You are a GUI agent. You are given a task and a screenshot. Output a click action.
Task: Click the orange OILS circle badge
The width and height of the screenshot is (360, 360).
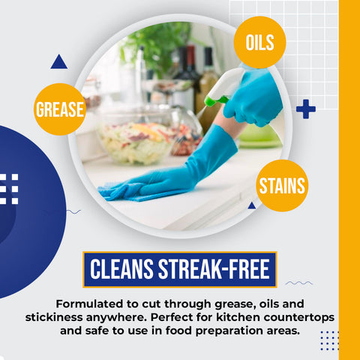(x=259, y=42)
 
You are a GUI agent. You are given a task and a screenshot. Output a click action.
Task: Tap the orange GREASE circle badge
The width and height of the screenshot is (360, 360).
(x=61, y=109)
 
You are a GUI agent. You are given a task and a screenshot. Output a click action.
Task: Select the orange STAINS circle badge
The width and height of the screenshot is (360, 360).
(x=282, y=185)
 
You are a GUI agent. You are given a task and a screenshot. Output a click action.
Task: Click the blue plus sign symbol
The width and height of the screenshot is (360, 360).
(x=305, y=109)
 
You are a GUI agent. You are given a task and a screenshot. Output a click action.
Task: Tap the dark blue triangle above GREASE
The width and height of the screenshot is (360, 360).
(x=58, y=63)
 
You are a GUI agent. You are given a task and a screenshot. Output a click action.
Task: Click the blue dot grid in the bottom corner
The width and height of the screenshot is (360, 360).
(x=329, y=340)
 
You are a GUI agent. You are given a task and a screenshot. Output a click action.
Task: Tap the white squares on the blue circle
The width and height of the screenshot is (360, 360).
(x=9, y=189)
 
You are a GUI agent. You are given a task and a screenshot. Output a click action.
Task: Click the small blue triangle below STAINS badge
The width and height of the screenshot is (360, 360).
(x=252, y=205)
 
